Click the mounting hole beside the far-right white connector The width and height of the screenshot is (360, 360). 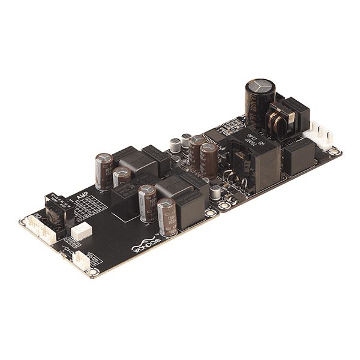pyautogui.click(x=335, y=152)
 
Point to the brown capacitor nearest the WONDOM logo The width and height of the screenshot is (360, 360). pyautogui.click(x=166, y=214)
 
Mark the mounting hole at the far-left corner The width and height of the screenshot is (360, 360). pyautogui.click(x=23, y=222)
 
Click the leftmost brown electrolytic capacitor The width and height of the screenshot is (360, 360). pyautogui.click(x=104, y=170)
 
